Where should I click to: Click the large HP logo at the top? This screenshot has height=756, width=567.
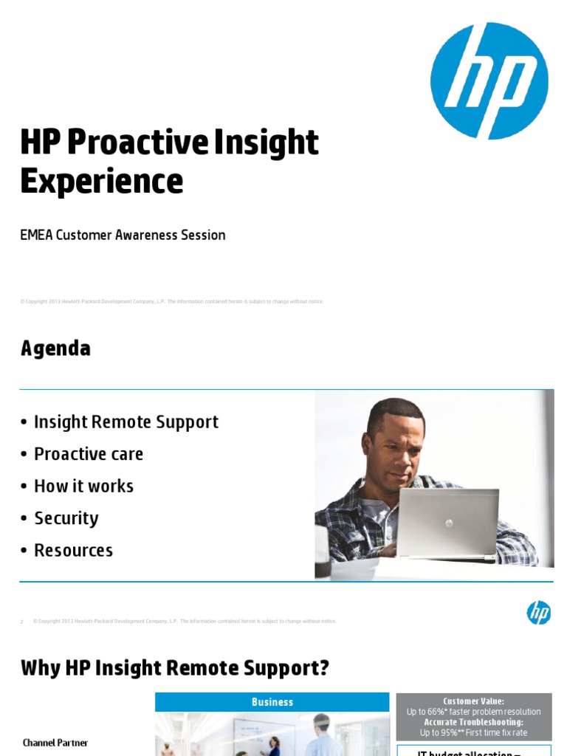[489, 80]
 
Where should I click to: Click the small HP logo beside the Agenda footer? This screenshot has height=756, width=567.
[538, 612]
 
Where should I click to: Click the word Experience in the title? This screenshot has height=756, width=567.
[101, 181]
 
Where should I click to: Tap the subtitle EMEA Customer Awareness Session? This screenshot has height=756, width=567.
[123, 235]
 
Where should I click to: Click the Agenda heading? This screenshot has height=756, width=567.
[55, 348]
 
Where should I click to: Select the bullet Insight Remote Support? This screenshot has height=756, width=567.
[126, 422]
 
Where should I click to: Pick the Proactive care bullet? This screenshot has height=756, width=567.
[89, 454]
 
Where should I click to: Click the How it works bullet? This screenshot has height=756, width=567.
[83, 486]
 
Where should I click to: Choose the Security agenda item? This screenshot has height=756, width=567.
[66, 518]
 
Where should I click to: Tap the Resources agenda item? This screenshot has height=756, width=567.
[73, 550]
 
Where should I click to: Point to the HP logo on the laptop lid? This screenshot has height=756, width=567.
[448, 523]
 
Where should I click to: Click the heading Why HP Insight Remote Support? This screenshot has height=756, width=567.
[174, 669]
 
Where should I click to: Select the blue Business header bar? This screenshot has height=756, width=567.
[272, 702]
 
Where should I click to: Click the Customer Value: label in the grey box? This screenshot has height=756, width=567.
[473, 701]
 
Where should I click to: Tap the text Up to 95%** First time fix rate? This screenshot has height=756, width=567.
[473, 732]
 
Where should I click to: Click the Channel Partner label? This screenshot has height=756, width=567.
[55, 743]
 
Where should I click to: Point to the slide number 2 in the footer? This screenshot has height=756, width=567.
[22, 622]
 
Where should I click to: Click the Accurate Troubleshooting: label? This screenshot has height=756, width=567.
[473, 722]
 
